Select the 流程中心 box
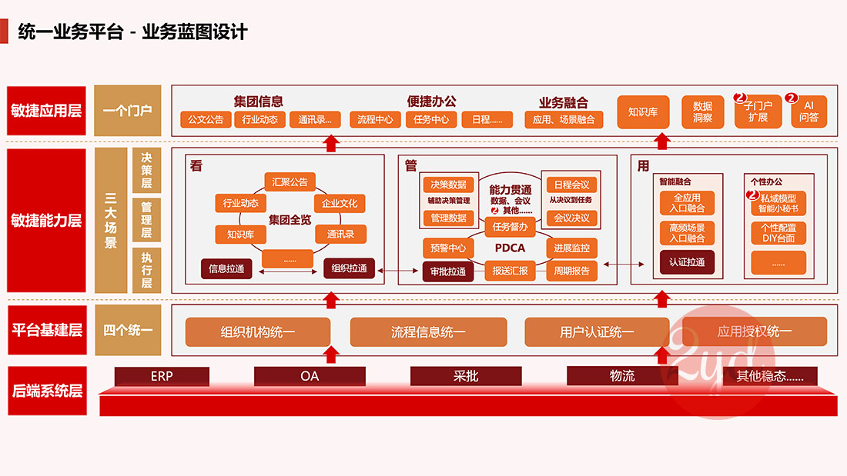tap(375, 120)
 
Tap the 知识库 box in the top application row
tap(641, 112)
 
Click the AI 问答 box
tap(808, 112)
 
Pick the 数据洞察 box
tap(702, 112)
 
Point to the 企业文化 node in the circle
tap(340, 204)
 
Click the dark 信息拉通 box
tap(226, 268)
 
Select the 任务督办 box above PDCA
tap(510, 227)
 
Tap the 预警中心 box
tap(447, 248)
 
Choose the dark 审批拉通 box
tap(447, 271)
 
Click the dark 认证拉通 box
tap(687, 263)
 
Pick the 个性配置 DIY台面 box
tap(778, 233)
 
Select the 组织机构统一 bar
tap(257, 332)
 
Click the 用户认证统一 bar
tap(597, 332)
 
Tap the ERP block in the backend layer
tap(162, 376)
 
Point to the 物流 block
tap(622, 376)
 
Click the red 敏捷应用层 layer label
tap(46, 111)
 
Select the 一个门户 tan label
tap(128, 111)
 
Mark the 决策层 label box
tap(146, 171)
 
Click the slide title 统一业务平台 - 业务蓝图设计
tap(132, 32)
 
